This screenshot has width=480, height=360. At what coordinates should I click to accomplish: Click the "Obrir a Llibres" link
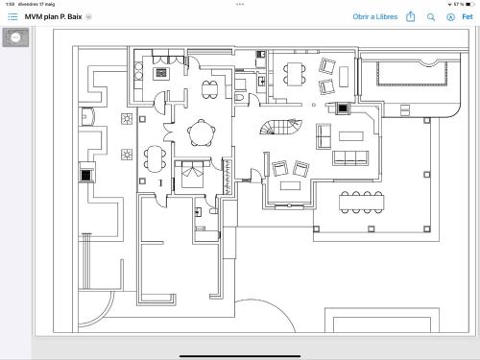point(375,17)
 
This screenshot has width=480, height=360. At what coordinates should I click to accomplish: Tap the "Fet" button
point(468,17)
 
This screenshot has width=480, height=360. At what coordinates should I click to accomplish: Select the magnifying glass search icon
point(431,17)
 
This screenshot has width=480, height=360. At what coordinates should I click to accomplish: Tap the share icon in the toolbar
point(411,16)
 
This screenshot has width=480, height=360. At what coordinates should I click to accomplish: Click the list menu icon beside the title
point(12,16)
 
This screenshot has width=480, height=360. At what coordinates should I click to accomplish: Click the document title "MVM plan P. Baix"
point(53,17)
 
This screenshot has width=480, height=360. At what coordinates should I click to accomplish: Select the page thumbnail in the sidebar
point(15,37)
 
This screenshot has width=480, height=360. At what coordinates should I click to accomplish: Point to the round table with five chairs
point(202,132)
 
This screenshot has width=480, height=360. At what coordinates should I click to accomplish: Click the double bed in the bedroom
point(192,175)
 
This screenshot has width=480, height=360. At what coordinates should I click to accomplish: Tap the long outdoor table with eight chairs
point(362,203)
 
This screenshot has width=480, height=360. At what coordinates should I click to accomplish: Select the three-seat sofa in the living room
point(350,157)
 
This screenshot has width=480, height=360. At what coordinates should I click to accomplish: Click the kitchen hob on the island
point(161,73)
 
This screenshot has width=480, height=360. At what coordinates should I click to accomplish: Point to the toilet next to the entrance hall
point(239,97)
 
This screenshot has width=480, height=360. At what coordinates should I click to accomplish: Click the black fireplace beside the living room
point(343,108)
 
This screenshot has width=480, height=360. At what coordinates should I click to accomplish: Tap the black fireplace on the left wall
point(86,175)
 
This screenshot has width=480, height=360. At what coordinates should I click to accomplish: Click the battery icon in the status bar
point(469,4)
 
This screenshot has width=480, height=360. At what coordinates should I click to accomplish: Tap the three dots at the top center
point(240,4)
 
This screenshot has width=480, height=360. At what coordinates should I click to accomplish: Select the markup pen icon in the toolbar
point(450,17)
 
